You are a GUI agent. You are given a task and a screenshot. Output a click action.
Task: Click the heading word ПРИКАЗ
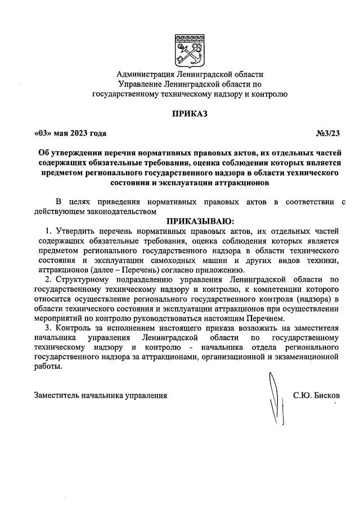(x=190, y=114)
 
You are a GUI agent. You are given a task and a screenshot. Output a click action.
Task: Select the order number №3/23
(x=328, y=133)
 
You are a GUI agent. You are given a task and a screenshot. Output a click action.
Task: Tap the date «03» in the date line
(x=43, y=133)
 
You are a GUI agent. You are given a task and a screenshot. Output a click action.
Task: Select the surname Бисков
(x=327, y=395)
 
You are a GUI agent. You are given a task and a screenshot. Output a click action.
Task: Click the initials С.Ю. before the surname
(x=303, y=395)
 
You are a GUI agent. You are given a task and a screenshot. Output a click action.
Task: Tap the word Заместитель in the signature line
(x=55, y=395)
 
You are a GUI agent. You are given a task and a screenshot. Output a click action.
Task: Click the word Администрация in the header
(x=146, y=74)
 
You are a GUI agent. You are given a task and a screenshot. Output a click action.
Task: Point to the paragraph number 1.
(x=49, y=231)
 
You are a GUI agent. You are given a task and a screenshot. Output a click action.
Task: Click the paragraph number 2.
(x=49, y=278)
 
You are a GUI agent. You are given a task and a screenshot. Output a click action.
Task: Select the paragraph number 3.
(x=49, y=327)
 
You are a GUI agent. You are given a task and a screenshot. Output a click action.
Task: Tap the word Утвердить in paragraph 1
(x=74, y=231)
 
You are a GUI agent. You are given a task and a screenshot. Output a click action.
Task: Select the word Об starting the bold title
(x=44, y=154)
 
